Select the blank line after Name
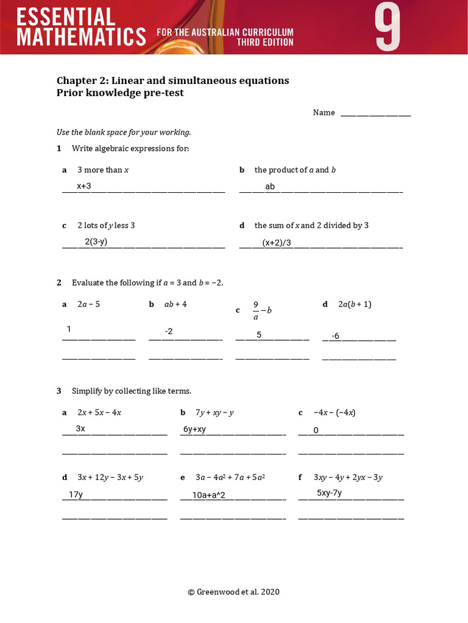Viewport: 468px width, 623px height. [x=375, y=114]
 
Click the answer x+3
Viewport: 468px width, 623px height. [x=83, y=186]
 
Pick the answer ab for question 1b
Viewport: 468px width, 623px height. [x=270, y=187]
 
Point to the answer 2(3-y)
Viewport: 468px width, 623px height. [x=96, y=242]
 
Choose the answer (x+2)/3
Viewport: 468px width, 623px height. [x=277, y=243]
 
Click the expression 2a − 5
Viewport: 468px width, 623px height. [x=88, y=304]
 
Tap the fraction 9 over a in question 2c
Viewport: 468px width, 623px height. [x=256, y=310]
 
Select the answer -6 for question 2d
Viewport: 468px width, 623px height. [x=335, y=336]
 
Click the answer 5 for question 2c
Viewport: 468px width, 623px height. [x=259, y=335]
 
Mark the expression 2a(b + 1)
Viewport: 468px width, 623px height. [x=355, y=304]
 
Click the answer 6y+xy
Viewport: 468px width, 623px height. [x=194, y=430]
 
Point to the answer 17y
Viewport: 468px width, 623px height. [x=76, y=495]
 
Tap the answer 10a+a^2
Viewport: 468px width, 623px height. [x=208, y=495]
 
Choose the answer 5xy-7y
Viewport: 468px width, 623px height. [x=329, y=493]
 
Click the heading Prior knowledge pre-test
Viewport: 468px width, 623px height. [x=120, y=93]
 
